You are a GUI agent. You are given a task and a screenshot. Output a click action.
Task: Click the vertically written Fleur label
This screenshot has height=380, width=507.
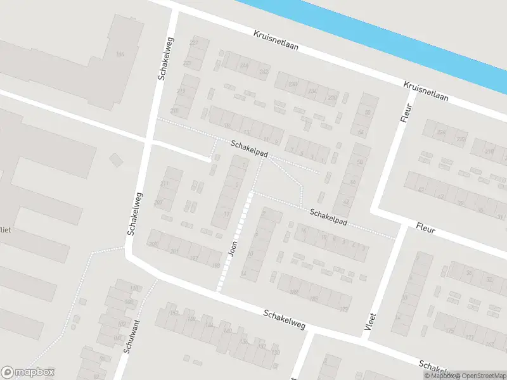pyautogui.click(x=406, y=112)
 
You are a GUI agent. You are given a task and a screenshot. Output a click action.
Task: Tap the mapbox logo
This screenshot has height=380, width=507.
pyautogui.click(x=28, y=372)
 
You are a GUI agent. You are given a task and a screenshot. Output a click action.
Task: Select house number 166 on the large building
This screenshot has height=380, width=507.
pyautogui.click(x=120, y=54)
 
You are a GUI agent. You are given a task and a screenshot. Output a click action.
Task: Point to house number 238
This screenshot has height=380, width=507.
pyautogui.click(x=293, y=84)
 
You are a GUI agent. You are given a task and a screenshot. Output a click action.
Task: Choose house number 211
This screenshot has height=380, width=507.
pyautogui.click(x=165, y=184)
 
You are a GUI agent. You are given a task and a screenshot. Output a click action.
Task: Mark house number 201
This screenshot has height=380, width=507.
pyautogui.click(x=174, y=251)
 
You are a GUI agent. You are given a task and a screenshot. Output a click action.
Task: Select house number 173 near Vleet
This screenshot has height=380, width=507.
pyautogui.click(x=344, y=309)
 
